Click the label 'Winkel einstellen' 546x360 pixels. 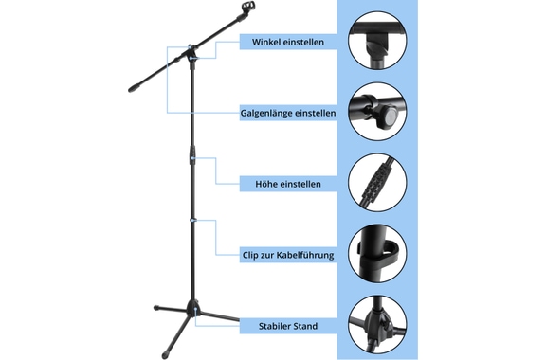pos(288,42)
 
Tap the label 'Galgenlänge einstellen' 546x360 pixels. pos(288,113)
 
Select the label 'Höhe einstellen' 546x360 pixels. pos(288,184)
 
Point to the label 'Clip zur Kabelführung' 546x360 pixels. pos(288,255)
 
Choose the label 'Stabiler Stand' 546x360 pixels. pos(288,326)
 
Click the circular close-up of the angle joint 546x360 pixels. pos(377,41)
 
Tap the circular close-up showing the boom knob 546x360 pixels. pos(377,112)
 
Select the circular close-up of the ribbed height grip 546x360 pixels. pos(377,183)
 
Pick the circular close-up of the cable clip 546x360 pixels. pos(377,254)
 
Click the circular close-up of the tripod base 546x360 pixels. pos(377,325)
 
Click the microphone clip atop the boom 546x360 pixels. pos(246,9)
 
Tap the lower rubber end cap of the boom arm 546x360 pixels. pos(134,87)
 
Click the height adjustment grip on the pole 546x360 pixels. pos(192,155)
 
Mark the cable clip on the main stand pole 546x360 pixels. pos(193,220)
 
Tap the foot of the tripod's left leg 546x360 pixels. pos(156,308)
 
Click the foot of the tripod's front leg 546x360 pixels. pos(165,355)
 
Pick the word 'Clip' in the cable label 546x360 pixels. pos(249,255)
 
